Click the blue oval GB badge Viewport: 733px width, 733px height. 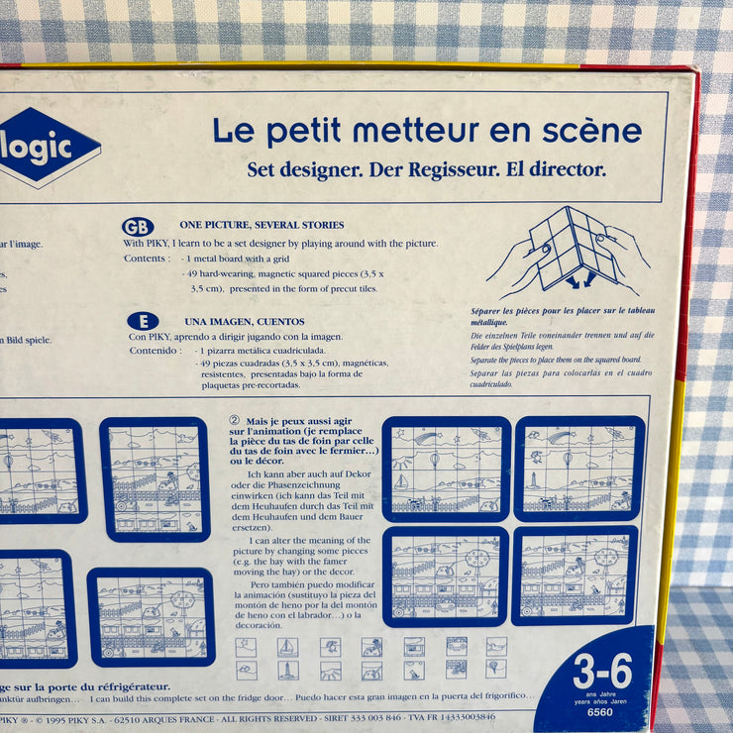(x=138, y=227)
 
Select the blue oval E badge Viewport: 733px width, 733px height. (x=143, y=321)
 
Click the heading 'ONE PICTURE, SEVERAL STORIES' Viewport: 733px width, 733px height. (x=262, y=226)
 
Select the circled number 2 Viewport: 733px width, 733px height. (x=235, y=420)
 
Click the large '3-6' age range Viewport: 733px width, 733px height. (x=602, y=672)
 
